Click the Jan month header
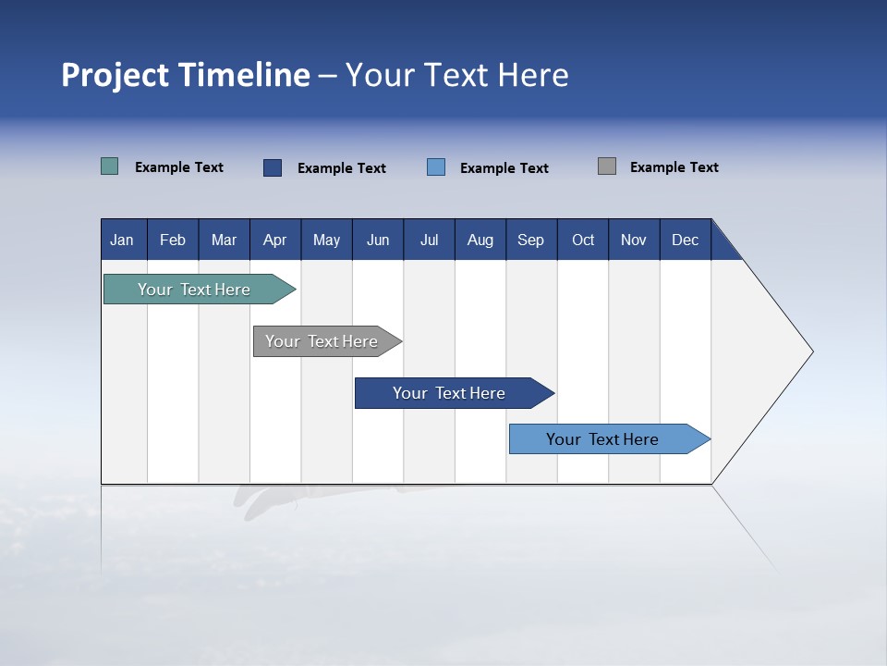point(123,240)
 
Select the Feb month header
point(173,240)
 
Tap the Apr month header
point(275,240)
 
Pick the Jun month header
point(378,240)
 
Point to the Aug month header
point(480,240)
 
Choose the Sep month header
point(531,240)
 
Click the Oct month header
point(583,240)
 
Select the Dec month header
point(686,240)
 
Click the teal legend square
point(110,166)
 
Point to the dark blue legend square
point(273,167)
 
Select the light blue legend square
point(436,167)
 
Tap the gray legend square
point(607,166)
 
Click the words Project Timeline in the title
point(186,75)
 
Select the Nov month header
point(634,240)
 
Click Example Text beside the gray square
point(674,167)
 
